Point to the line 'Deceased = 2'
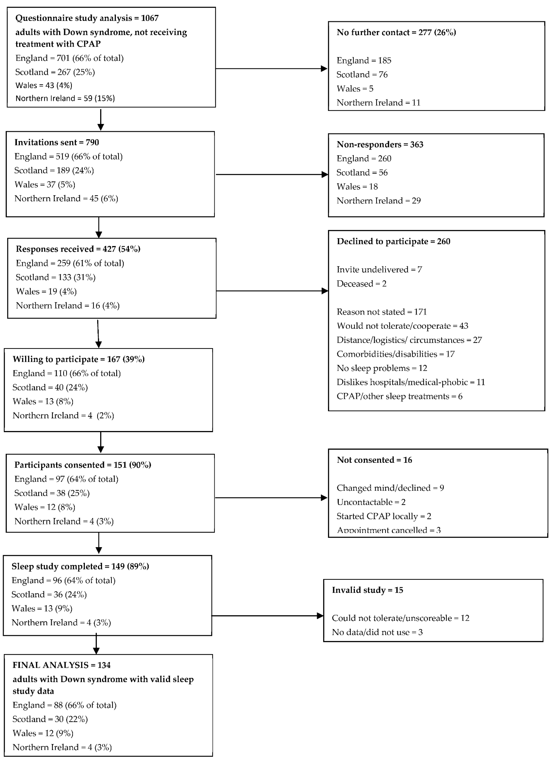[361, 284]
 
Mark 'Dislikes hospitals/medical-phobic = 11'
[411, 382]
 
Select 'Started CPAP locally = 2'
[384, 516]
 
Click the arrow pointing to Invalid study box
[267, 616]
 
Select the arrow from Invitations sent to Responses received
[99, 228]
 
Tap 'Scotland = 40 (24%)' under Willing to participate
[50, 388]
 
